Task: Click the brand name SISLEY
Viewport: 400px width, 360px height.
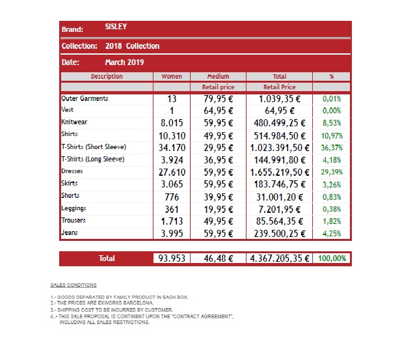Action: coord(116,27)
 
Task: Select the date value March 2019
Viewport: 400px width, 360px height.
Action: coord(124,62)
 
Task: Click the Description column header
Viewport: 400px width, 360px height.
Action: coord(107,76)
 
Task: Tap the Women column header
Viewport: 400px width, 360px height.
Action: coord(172,76)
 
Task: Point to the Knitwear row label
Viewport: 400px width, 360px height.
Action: coord(74,122)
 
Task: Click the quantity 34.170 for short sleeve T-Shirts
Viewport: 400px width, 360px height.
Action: coord(172,148)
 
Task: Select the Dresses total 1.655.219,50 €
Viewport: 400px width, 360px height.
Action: coord(280,173)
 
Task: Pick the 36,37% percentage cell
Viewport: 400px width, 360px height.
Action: coord(332,148)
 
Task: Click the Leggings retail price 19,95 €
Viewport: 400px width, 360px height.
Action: coord(219,210)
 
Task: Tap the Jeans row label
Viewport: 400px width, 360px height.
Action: coord(70,232)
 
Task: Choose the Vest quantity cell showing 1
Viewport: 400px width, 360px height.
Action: coord(172,111)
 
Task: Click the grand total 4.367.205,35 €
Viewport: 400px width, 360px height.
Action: coord(280,258)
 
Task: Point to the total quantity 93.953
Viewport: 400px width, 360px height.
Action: coord(172,258)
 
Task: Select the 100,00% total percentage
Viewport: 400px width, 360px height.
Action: coord(332,258)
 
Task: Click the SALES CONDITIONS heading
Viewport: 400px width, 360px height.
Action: coord(73,285)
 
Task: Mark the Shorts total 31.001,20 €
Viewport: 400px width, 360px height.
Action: coord(280,197)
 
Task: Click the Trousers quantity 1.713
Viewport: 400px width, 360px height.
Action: coord(172,221)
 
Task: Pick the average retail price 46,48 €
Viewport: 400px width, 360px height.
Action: coord(219,258)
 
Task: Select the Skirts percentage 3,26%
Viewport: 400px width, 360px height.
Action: coord(332,185)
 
